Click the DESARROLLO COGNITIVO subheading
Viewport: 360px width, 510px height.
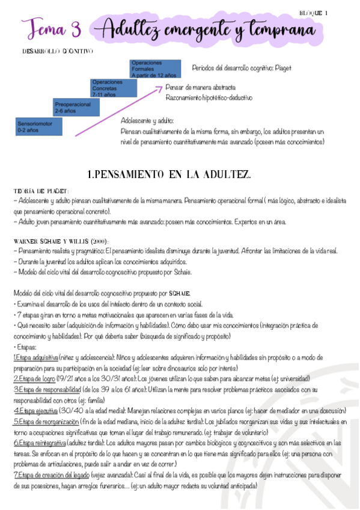point(57,52)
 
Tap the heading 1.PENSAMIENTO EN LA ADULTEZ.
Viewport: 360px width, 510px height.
point(169,174)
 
